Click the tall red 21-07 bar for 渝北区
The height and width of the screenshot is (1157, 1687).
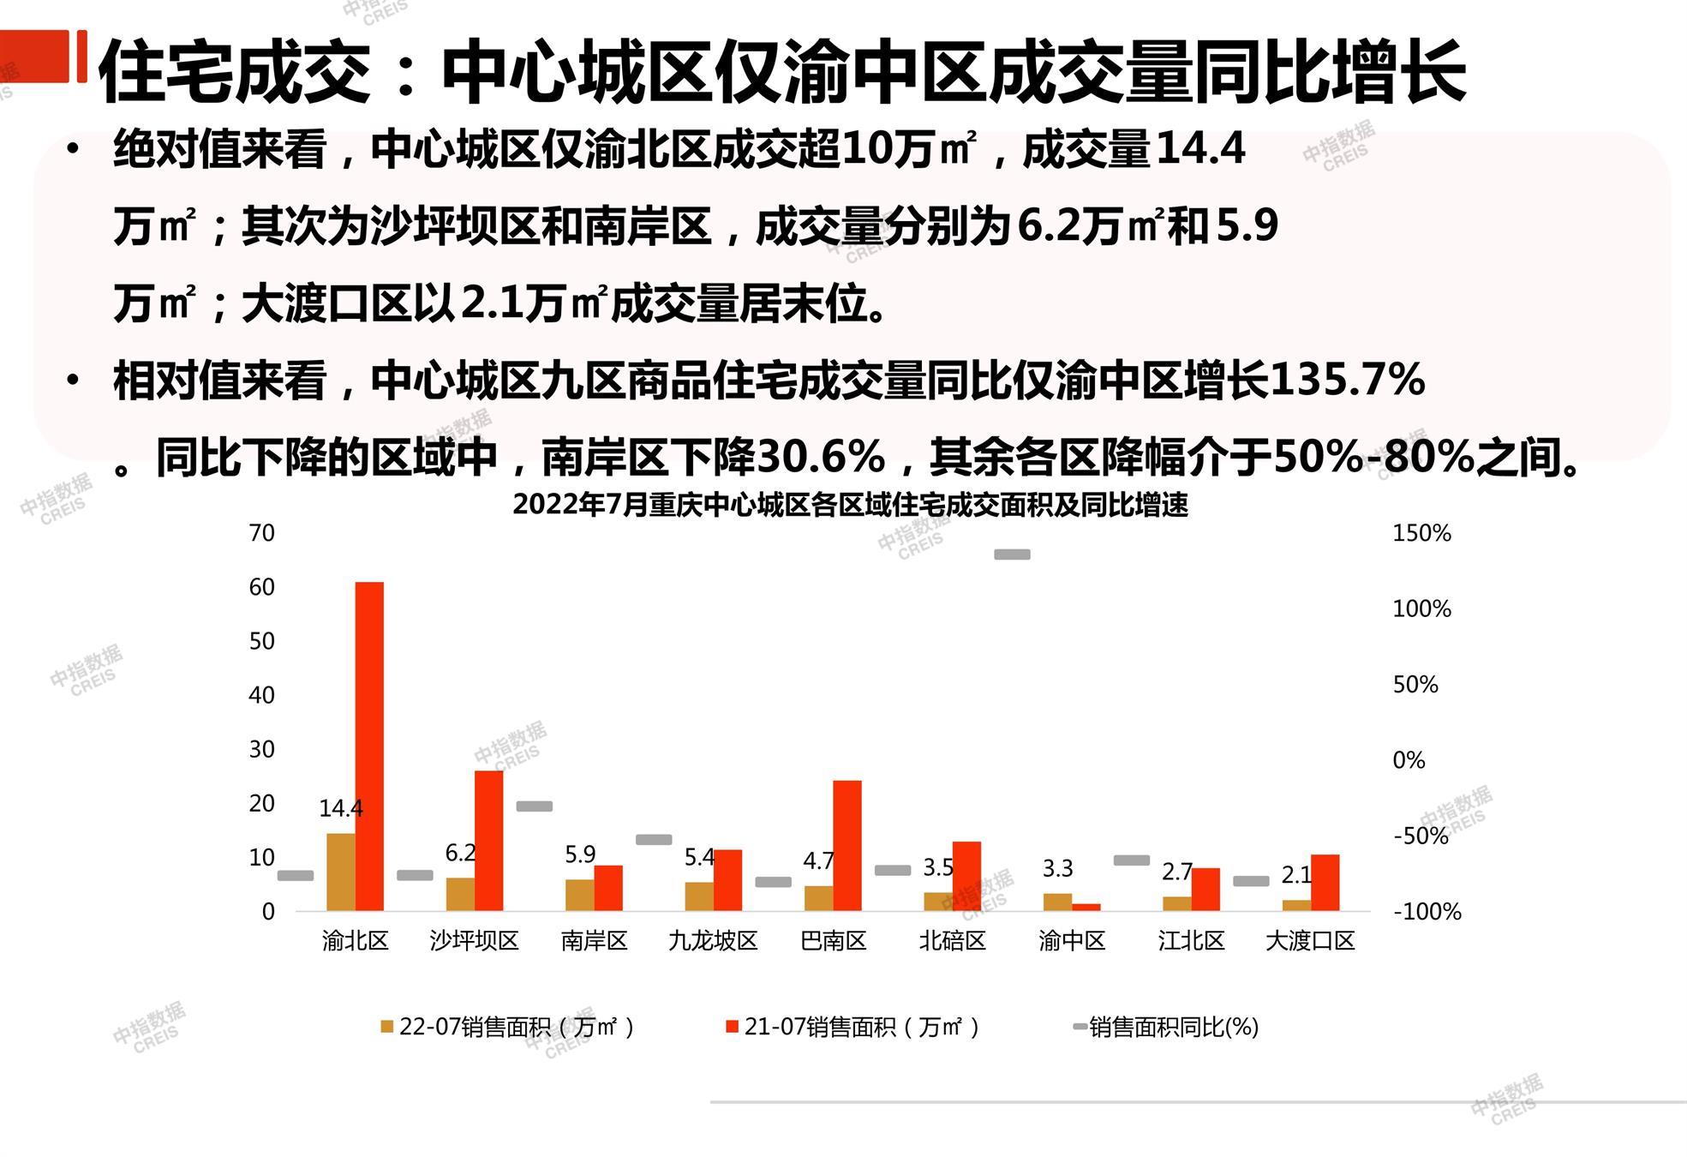369,746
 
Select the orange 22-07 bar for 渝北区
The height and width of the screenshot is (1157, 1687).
341,872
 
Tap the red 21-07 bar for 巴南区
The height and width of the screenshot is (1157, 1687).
847,845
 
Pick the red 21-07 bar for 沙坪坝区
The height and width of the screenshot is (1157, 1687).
488,840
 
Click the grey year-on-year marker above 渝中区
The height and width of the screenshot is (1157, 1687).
1012,555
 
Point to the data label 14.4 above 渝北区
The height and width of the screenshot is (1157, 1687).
341,808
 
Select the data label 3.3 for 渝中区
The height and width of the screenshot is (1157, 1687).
1057,869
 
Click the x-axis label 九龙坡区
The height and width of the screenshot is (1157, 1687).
713,941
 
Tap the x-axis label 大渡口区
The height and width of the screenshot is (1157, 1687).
1310,941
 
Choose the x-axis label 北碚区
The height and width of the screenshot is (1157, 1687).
952,941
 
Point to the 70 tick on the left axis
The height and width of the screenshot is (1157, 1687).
262,533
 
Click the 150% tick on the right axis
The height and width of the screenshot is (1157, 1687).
1421,533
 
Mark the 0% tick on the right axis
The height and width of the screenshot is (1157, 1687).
1409,760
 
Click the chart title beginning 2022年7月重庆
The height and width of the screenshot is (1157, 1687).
850,506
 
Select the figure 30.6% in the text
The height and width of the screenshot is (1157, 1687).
821,457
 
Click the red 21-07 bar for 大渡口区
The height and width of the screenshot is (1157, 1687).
1325,882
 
